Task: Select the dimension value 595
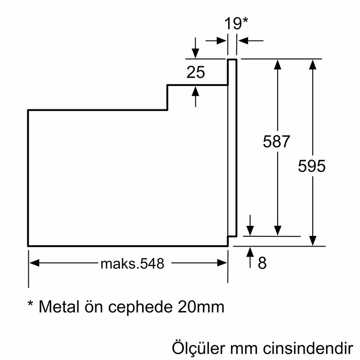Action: (x=311, y=166)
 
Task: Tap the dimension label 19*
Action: (x=237, y=23)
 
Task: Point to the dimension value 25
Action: (x=196, y=72)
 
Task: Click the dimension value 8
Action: (x=262, y=263)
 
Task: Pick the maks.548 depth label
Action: (x=129, y=263)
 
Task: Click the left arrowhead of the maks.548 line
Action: (x=34, y=263)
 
